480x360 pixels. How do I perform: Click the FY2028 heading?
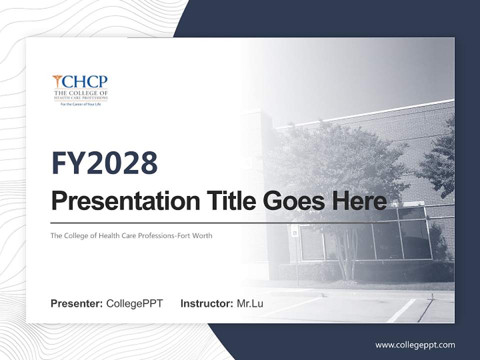pos(104,163)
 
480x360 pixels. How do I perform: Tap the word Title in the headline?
pos(227,201)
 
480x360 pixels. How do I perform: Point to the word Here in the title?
pos(358,201)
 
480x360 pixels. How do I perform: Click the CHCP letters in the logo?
pos(85,82)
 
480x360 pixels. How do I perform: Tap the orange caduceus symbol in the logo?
pos(57,81)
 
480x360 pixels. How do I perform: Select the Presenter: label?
pos(77,303)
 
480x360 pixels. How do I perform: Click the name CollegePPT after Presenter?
pos(134,303)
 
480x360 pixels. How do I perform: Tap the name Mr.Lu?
pos(250,303)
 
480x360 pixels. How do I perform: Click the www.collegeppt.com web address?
pos(415,344)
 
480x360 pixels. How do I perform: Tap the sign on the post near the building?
pos(295,231)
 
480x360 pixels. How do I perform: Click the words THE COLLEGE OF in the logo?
pos(80,92)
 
